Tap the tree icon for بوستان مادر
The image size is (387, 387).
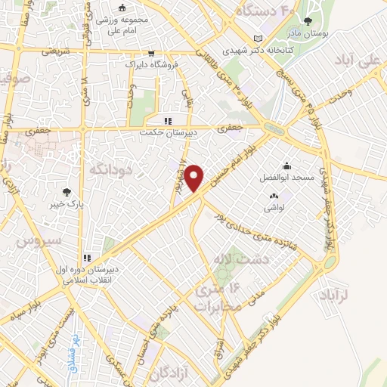[x=307, y=22]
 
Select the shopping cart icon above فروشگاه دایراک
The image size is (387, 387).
[x=152, y=53]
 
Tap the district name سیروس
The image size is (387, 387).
[x=33, y=243]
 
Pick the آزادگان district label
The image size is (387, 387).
[x=168, y=373]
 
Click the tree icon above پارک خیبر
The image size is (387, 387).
[x=68, y=192]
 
